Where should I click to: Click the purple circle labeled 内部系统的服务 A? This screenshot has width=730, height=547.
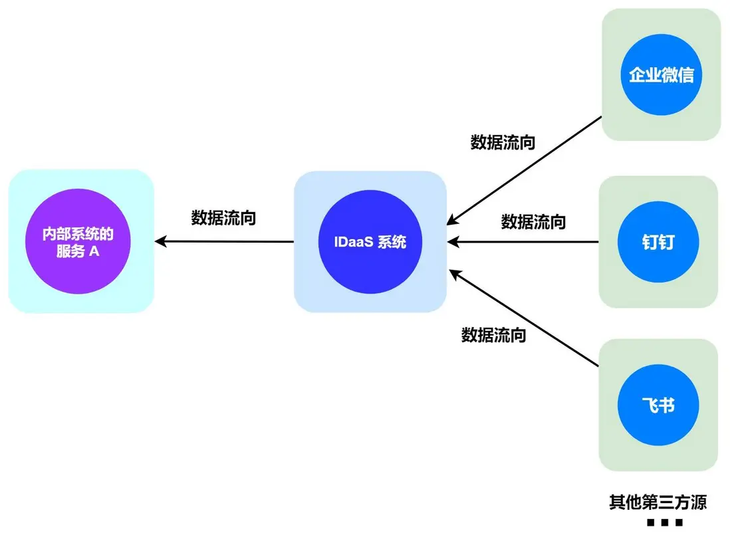click(78, 242)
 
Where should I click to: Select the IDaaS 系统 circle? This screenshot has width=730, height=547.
click(370, 242)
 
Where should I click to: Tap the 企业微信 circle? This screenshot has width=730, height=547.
click(661, 74)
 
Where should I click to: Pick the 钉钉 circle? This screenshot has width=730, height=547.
click(659, 242)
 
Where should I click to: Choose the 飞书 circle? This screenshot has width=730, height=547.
click(659, 404)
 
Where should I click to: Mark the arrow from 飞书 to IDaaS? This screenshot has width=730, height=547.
click(525, 318)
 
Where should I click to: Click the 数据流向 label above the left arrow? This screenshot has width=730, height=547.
click(223, 218)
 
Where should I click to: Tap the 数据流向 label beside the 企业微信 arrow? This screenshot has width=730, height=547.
click(503, 142)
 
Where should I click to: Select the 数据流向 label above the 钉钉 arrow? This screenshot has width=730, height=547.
click(533, 221)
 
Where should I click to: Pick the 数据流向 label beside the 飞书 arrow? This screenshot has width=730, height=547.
click(493, 335)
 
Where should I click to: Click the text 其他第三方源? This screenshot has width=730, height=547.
click(658, 502)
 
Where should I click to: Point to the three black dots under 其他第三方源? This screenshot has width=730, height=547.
click(664, 523)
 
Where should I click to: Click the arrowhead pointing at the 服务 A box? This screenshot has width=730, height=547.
click(160, 242)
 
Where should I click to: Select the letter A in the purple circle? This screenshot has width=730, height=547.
click(94, 253)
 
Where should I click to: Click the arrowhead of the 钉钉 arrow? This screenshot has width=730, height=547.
click(453, 242)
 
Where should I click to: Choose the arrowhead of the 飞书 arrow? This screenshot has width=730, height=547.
click(454, 273)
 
